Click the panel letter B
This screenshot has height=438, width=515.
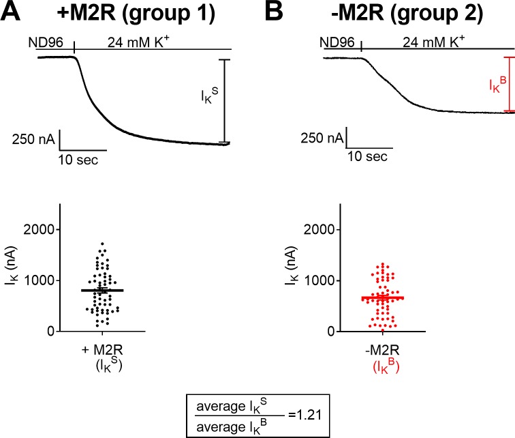(x=274, y=12)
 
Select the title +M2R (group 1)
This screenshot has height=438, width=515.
(x=136, y=13)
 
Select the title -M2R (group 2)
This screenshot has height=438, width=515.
(x=407, y=13)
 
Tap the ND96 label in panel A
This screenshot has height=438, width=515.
(x=46, y=43)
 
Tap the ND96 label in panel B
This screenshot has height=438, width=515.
(x=337, y=42)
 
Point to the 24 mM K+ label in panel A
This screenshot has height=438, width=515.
(x=138, y=42)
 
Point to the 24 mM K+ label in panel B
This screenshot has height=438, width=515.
(x=433, y=42)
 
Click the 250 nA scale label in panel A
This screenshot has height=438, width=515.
(x=33, y=139)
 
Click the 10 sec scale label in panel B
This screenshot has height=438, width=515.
(x=367, y=156)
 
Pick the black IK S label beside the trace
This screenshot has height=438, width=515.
(x=210, y=96)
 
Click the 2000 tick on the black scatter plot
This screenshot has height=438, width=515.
(x=39, y=229)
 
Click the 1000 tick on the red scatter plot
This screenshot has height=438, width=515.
(x=319, y=280)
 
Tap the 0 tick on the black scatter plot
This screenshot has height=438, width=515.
(x=50, y=331)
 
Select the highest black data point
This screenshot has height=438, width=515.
(x=102, y=244)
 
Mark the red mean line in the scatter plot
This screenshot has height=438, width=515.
(x=383, y=298)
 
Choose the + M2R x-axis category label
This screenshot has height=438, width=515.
(x=102, y=350)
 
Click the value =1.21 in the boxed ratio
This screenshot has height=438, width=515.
(x=305, y=415)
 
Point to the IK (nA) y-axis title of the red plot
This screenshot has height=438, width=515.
(x=292, y=265)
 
